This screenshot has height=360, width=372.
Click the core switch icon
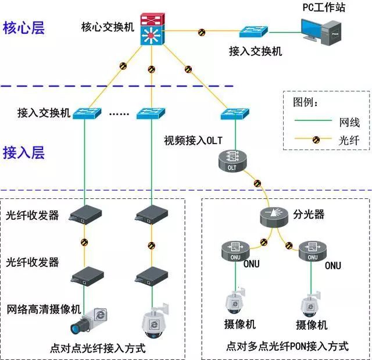[x=152, y=31]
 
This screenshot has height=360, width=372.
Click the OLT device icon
[x=231, y=161]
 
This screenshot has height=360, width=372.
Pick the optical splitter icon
[x=275, y=216]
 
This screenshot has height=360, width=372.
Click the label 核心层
[x=24, y=28]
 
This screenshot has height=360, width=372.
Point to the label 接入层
[x=24, y=153]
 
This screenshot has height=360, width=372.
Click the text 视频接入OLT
[x=194, y=140]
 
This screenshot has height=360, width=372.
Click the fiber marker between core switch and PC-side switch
[x=202, y=31]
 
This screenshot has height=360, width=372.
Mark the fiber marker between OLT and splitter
[x=257, y=184]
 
